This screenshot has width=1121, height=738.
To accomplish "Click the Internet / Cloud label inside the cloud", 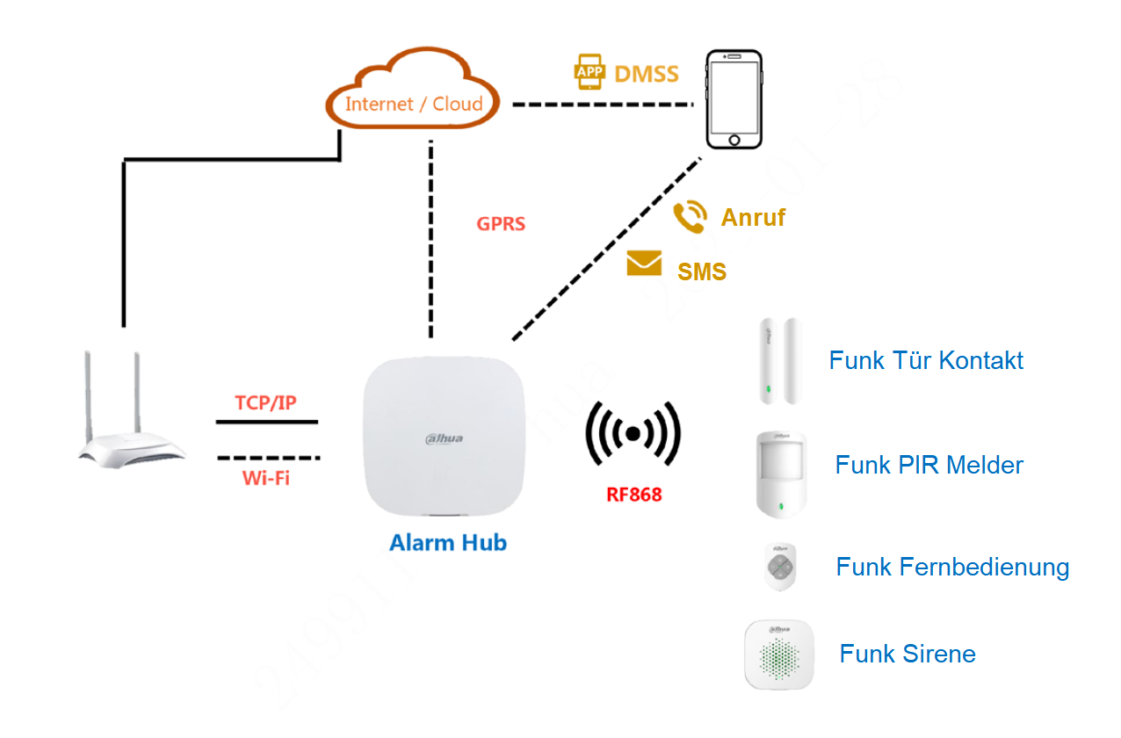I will tap(414, 104).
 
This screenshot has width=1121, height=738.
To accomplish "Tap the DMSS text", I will tap(647, 74).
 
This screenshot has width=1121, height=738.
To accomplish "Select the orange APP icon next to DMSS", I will tap(590, 71).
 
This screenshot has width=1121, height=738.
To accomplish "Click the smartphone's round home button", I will tap(734, 139).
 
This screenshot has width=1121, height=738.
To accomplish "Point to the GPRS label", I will tap(501, 224).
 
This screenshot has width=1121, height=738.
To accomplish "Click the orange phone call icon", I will tap(690, 216).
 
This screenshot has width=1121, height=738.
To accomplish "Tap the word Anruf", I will tap(753, 218).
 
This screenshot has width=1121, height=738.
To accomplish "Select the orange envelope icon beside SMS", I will tap(644, 263).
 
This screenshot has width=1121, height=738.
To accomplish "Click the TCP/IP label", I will tap(265, 402).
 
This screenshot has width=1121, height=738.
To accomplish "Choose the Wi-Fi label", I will tap(265, 479).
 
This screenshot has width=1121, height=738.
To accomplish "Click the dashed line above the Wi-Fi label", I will tap(268, 458).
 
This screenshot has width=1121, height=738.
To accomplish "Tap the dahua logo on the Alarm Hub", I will tap(445, 438).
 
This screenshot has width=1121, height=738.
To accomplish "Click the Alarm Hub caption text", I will tap(448, 543).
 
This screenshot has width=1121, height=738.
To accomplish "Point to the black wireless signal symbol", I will tap(633, 432).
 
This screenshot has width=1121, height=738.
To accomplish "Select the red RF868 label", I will tap(633, 495).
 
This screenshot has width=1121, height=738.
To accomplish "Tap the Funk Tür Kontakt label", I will tap(926, 360).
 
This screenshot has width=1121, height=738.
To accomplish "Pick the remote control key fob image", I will tap(779, 567).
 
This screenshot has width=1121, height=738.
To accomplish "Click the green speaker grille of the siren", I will tap(779, 657).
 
